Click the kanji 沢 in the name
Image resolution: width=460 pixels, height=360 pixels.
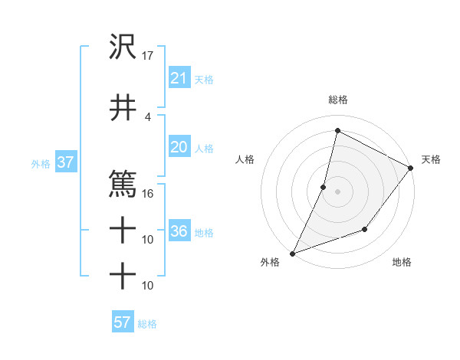click(x=123, y=48)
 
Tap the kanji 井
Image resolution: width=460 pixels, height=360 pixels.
click(x=123, y=107)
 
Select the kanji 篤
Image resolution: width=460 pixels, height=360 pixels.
click(x=123, y=184)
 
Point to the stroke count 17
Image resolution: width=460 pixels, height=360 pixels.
click(x=148, y=56)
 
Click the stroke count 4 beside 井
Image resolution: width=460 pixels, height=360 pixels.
click(x=148, y=116)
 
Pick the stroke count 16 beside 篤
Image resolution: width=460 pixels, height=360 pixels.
click(x=148, y=193)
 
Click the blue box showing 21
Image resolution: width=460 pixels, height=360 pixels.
click(x=179, y=78)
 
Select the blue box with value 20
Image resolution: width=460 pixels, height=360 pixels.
click(x=179, y=148)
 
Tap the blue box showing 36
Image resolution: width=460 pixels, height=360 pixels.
click(x=179, y=232)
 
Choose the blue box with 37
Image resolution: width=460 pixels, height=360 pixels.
click(x=64, y=163)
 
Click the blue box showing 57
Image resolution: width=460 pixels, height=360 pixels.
click(x=123, y=322)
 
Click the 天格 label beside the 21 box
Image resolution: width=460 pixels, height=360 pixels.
click(x=204, y=80)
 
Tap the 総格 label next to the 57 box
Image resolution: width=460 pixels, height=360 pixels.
click(x=147, y=324)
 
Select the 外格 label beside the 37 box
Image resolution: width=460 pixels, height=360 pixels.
click(x=41, y=164)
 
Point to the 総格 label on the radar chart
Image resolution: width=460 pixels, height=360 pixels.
click(x=338, y=100)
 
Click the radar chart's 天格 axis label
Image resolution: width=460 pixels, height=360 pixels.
click(x=431, y=159)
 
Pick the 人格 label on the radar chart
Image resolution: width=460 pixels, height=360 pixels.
click(x=245, y=159)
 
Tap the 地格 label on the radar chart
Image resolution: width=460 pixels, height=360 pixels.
click(x=402, y=263)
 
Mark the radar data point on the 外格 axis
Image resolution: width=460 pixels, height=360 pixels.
click(x=292, y=253)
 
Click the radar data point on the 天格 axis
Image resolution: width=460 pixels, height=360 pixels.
click(x=411, y=168)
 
